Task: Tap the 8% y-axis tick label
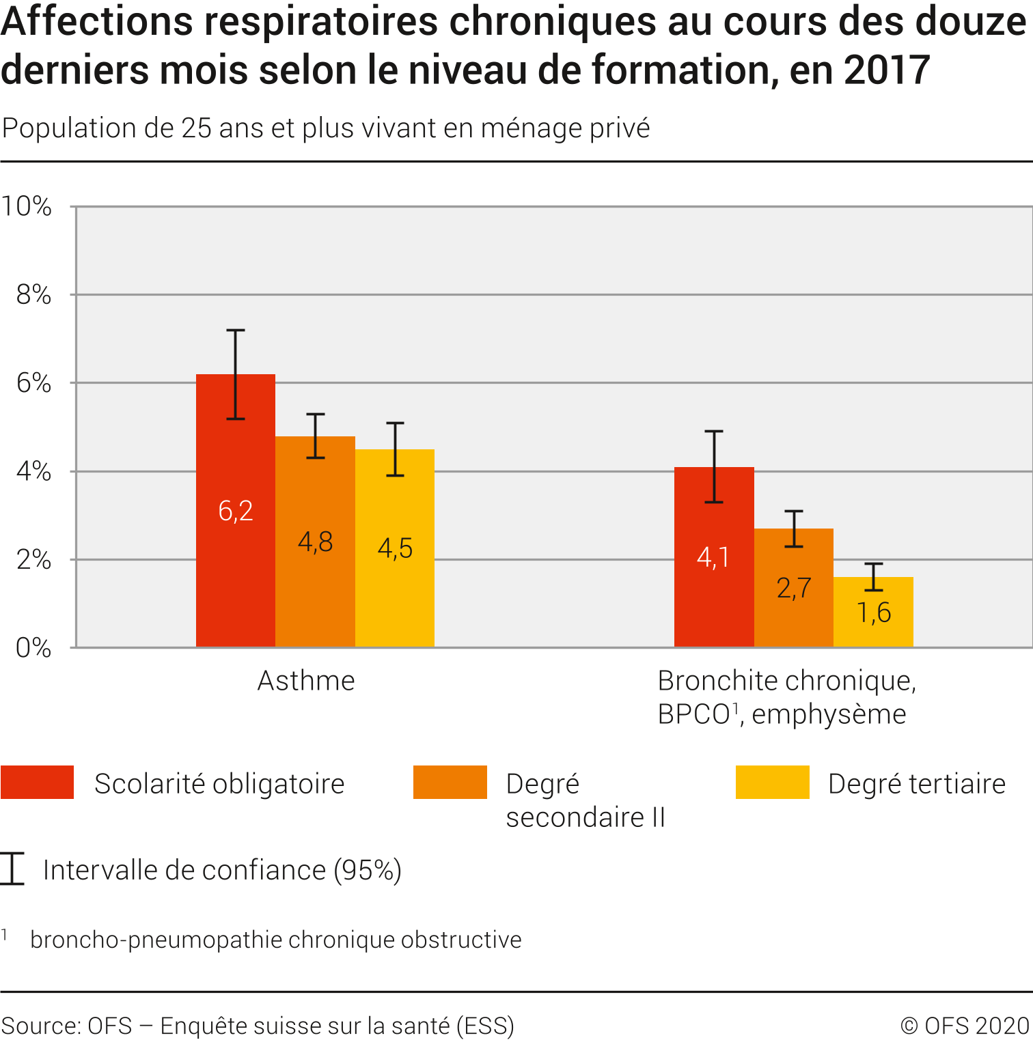[x=33, y=294]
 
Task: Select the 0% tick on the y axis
[x=33, y=647]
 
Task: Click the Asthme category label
[x=306, y=681]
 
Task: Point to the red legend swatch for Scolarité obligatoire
[x=37, y=782]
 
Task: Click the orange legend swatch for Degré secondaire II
[x=450, y=782]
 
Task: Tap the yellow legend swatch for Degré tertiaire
[x=772, y=782]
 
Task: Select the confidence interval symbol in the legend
[x=12, y=869]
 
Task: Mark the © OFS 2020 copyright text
[x=964, y=1026]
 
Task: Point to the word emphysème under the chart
[x=829, y=714]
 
